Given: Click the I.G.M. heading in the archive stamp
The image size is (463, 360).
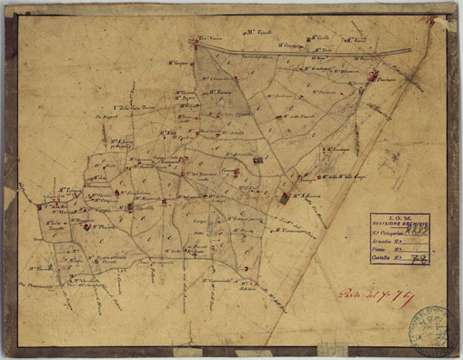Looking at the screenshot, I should click(403, 217).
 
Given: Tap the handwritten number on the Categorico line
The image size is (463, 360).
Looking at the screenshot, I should click(419, 232).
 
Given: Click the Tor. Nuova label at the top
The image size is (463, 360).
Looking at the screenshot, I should click(211, 39).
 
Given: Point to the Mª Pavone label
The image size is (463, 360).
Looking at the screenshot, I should click(107, 223).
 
